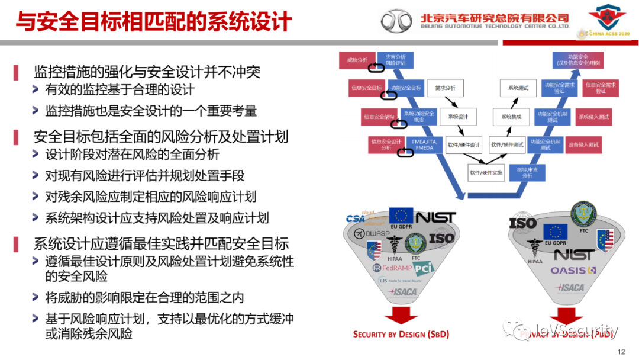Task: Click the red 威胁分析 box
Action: [357, 60]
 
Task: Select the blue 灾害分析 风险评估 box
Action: [395, 60]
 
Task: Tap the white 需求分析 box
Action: [445, 88]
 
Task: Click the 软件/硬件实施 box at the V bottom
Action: [486, 173]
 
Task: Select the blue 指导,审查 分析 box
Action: [527, 172]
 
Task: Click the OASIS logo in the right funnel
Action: [573, 271]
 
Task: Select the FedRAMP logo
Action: [392, 268]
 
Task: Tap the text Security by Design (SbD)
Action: [401, 335]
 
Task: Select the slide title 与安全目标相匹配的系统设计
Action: [153, 22]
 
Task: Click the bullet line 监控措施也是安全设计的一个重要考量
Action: [151, 111]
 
